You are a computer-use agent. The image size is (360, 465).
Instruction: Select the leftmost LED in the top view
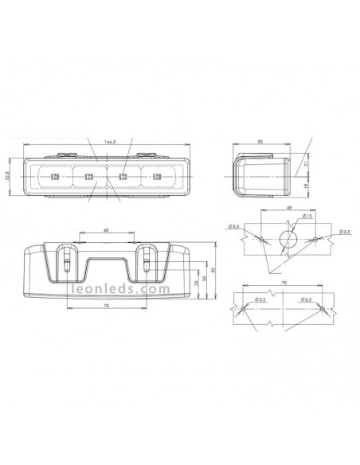[55, 176]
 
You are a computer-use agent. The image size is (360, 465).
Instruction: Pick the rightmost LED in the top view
[156, 176]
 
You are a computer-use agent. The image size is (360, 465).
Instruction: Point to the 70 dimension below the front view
[105, 305]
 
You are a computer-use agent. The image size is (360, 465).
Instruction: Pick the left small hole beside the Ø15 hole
[260, 238]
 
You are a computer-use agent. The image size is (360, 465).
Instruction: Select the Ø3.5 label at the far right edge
[345, 231]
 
